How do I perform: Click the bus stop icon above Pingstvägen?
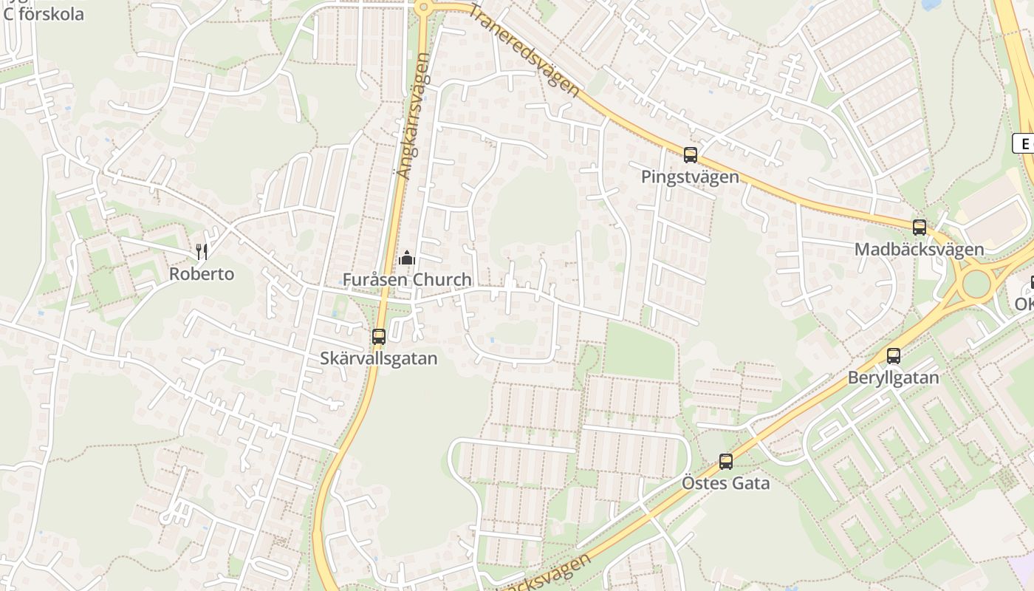691,155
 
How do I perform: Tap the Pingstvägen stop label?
690,177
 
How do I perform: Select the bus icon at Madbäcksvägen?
920,228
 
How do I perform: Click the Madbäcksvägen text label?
919,250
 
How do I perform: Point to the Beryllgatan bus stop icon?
894,356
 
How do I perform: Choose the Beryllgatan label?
894,378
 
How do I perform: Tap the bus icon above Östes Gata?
726,462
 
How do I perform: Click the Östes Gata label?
725,484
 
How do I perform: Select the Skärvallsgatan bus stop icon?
379,337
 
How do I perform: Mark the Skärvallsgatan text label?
379,359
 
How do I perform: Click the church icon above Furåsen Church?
406,258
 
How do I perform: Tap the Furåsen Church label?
407,280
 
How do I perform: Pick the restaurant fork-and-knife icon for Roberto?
202,252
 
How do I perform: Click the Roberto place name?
202,274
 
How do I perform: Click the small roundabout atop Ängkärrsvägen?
422,7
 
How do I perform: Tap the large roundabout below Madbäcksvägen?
976,284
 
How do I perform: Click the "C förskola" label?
44,14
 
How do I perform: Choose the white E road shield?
1024,143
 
